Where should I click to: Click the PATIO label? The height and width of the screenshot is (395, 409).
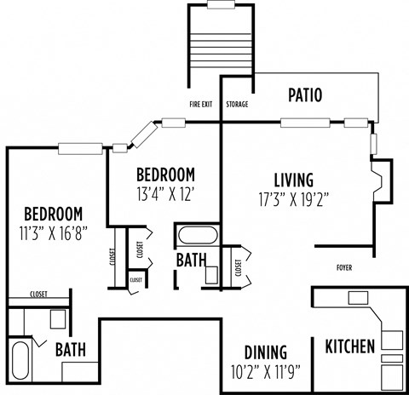pyautogui.click(x=304, y=94)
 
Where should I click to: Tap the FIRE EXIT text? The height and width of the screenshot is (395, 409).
pyautogui.click(x=201, y=105)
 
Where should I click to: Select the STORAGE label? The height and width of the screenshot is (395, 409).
pyautogui.click(x=237, y=105)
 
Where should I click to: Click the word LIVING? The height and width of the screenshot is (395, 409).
pyautogui.click(x=293, y=180)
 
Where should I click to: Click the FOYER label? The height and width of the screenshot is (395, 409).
pyautogui.click(x=343, y=268)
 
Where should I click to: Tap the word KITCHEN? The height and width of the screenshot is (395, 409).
pyautogui.click(x=349, y=346)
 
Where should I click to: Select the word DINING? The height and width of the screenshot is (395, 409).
pyautogui.click(x=265, y=352)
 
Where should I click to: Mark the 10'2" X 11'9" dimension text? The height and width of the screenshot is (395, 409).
pyautogui.click(x=265, y=371)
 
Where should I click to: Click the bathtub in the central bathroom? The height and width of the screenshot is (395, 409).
pyautogui.click(x=198, y=235)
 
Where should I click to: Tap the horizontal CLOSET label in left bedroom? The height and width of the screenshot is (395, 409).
pyautogui.click(x=38, y=295)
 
